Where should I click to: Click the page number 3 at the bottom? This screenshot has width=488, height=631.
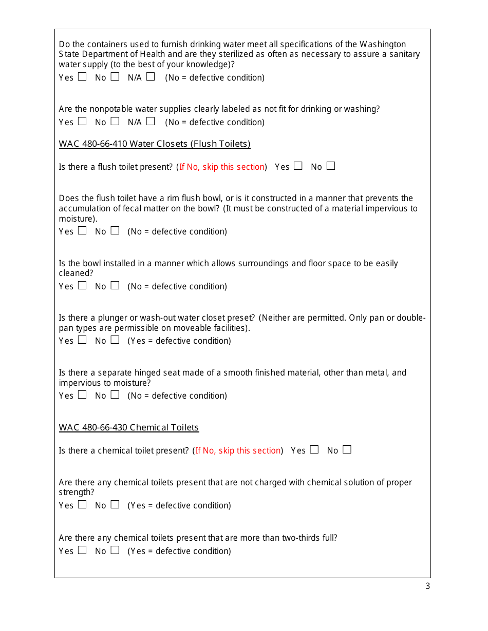(427, 586)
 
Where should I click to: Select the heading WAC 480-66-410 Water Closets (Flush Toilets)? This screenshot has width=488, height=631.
(155, 144)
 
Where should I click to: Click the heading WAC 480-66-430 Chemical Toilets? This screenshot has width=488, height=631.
(129, 427)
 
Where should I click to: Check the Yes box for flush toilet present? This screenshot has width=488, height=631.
(298, 166)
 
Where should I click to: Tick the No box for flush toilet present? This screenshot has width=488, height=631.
(331, 166)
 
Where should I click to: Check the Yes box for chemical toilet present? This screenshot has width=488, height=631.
(314, 449)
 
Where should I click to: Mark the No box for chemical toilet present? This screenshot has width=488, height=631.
(347, 449)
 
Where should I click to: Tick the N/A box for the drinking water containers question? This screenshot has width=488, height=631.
(150, 76)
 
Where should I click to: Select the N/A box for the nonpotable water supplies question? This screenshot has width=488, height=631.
(150, 121)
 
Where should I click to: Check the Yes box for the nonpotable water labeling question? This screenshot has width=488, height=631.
(82, 121)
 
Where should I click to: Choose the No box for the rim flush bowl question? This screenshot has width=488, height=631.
(115, 230)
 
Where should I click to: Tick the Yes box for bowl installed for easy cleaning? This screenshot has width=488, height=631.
(82, 285)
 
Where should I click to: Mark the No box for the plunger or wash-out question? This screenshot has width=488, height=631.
(115, 340)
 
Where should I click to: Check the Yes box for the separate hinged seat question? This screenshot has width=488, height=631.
(82, 395)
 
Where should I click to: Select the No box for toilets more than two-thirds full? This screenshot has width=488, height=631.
(115, 550)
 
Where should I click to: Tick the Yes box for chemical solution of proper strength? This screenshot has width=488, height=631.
(82, 504)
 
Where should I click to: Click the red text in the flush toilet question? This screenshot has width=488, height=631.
(222, 167)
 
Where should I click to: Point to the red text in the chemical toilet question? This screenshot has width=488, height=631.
(238, 451)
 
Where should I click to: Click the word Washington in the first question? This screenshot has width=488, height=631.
(382, 45)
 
